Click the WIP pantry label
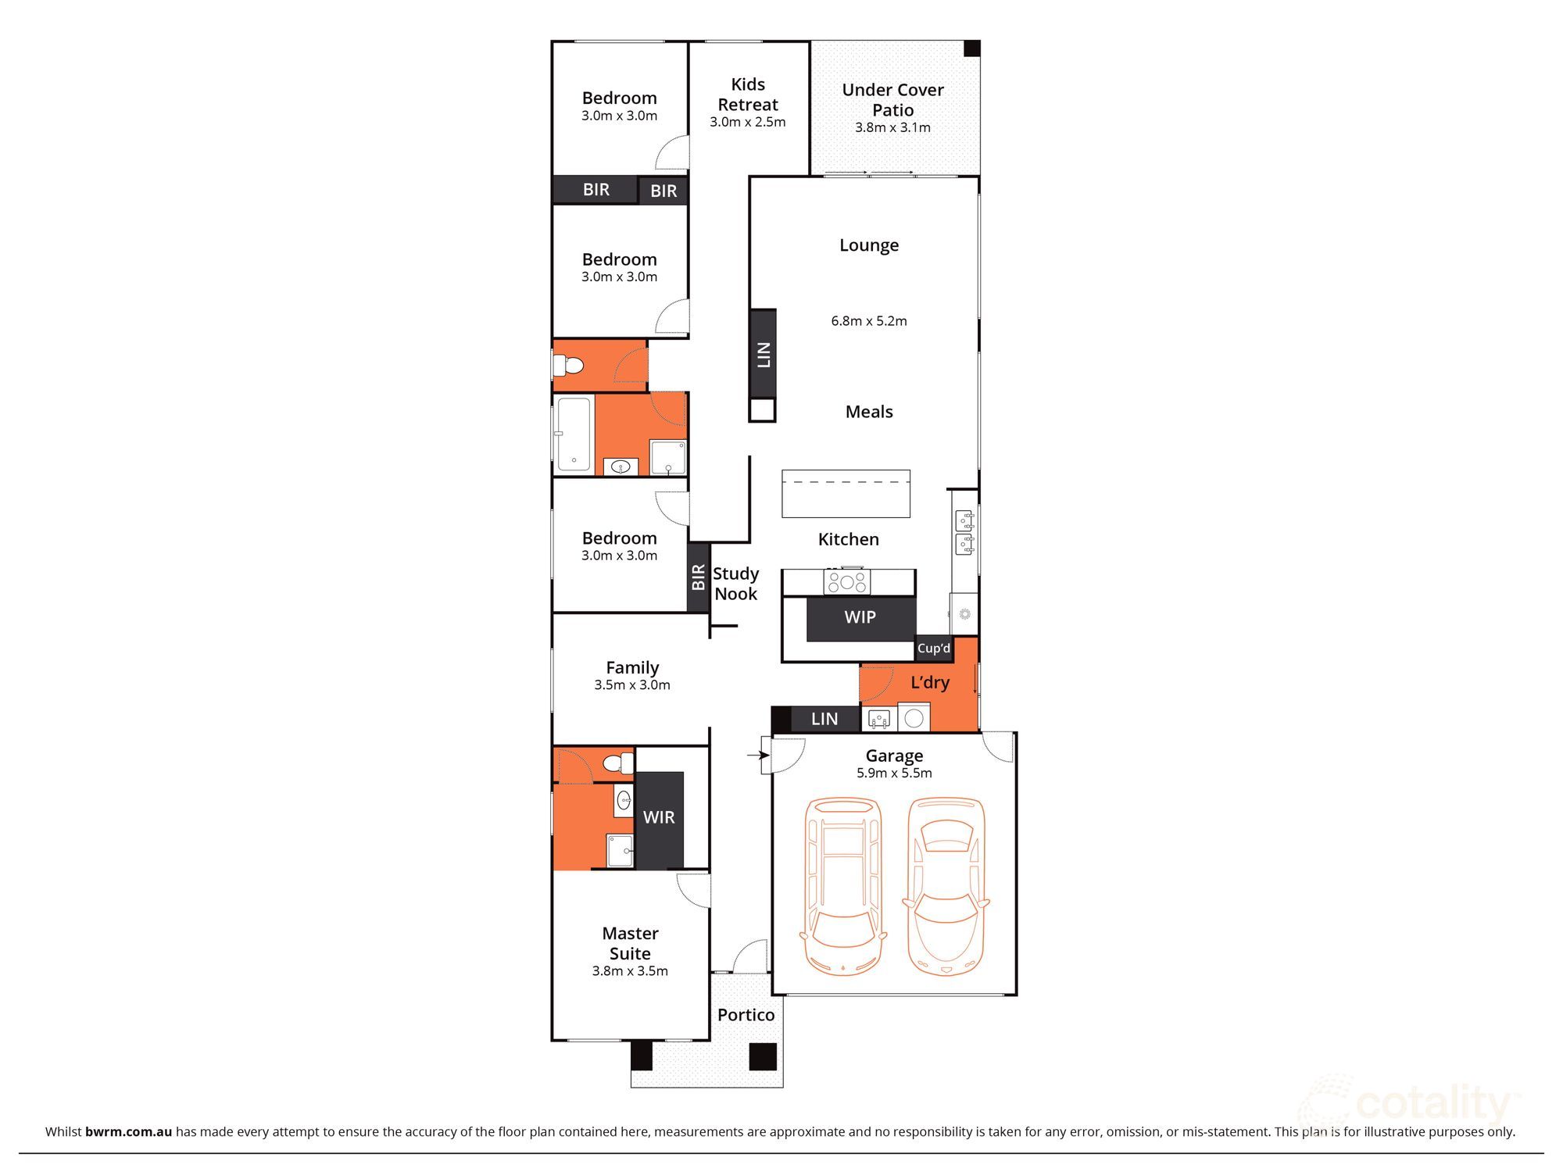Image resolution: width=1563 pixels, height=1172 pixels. click(860, 617)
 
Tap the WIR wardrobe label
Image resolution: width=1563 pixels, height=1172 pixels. click(659, 817)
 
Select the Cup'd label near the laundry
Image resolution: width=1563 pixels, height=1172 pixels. click(934, 649)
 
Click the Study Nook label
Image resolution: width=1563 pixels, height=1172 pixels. click(735, 584)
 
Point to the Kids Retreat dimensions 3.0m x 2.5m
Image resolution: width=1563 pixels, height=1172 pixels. click(748, 122)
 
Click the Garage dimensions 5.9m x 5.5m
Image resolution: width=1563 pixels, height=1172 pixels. click(894, 773)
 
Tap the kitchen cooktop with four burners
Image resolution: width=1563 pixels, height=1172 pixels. click(846, 582)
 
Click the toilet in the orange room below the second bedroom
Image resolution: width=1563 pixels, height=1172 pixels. click(568, 365)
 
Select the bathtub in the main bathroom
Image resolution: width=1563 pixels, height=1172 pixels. click(574, 434)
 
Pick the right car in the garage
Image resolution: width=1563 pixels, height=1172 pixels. click(946, 886)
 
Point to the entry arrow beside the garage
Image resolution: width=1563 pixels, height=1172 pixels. click(758, 756)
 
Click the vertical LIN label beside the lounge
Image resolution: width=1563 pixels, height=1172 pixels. click(764, 354)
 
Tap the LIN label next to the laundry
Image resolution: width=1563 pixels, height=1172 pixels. click(824, 719)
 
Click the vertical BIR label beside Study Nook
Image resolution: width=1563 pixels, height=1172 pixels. click(699, 577)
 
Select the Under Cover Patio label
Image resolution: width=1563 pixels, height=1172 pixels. click(892, 100)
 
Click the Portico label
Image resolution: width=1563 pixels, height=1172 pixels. click(746, 1015)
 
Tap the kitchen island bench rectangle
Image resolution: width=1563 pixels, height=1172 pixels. click(846, 494)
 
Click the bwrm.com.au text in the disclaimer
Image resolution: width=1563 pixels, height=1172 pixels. click(129, 1131)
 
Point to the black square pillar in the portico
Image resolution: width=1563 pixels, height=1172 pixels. click(763, 1056)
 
